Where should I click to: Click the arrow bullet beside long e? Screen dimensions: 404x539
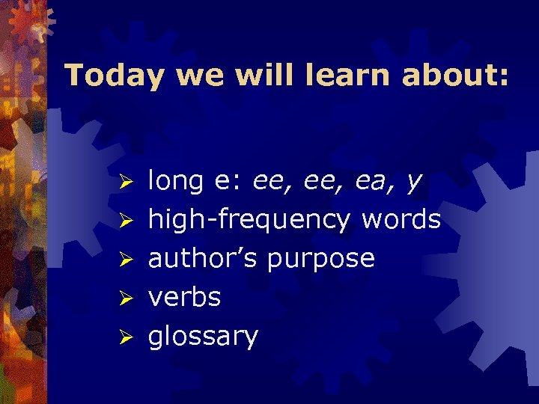point(127,183)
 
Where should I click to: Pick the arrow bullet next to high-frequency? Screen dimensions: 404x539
point(127,221)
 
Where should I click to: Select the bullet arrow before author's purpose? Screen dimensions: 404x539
point(127,260)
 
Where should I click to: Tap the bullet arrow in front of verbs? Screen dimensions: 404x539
point(127,299)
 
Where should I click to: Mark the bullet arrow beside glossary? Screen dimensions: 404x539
point(127,338)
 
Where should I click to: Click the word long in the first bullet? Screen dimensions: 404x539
point(176,182)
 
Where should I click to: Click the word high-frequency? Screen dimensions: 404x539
point(249,221)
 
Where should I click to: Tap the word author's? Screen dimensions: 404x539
point(204,258)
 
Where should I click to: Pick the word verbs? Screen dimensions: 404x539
point(184,297)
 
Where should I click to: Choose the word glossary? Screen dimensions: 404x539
point(203,337)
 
